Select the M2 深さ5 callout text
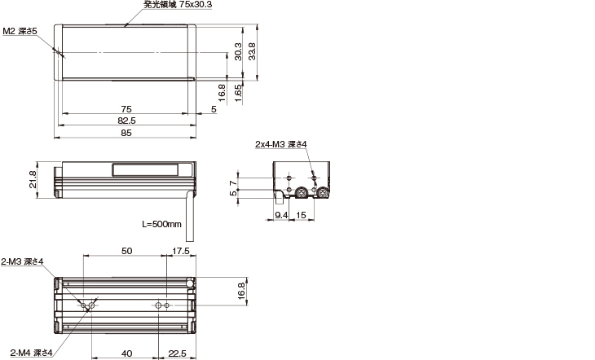[20, 30]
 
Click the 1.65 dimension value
[237, 90]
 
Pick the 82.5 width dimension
[126, 121]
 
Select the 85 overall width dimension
[126, 133]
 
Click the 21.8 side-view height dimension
[32, 180]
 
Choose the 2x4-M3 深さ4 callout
[280, 144]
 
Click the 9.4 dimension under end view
[281, 215]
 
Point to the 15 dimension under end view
[301, 215]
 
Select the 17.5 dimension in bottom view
[180, 252]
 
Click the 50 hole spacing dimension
[126, 252]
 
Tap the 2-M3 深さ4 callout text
[22, 261]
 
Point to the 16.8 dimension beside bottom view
[240, 291]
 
